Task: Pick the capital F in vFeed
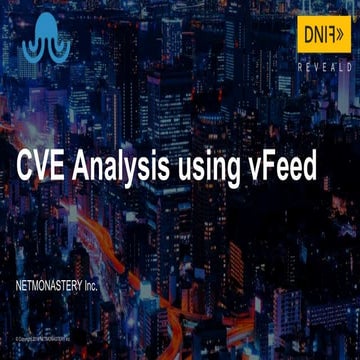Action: click(x=274, y=168)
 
